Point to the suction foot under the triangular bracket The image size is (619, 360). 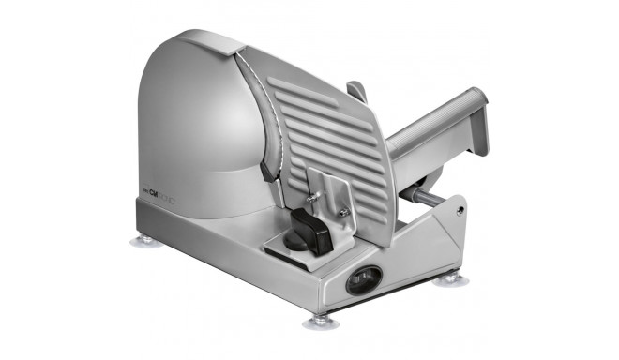coord(450,278)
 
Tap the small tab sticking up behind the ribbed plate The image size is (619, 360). coord(356,92)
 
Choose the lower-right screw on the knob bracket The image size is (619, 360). coord(345,214)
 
